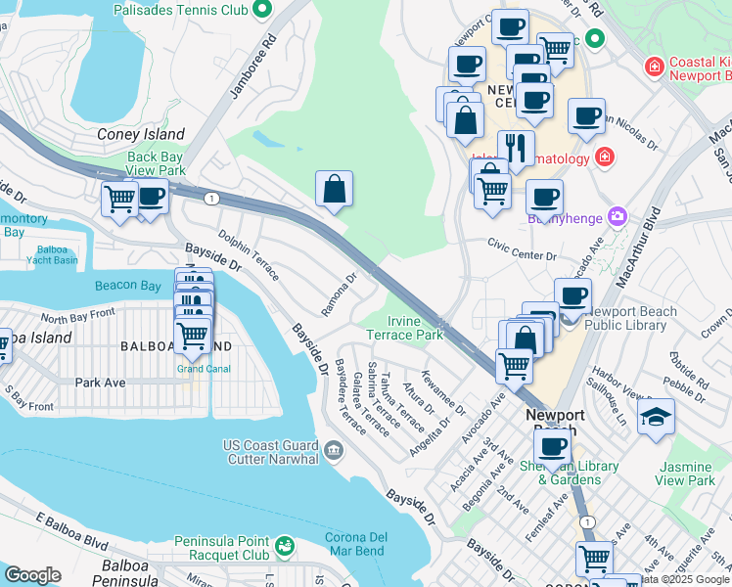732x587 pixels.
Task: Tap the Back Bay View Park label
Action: pyautogui.click(x=156, y=163)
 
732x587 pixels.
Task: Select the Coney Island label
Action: pyautogui.click(x=141, y=134)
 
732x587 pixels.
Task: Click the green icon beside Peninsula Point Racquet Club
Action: pyautogui.click(x=285, y=545)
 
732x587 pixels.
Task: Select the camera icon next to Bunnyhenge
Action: pyautogui.click(x=618, y=216)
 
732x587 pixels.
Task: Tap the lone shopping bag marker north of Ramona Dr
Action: pyautogui.click(x=334, y=190)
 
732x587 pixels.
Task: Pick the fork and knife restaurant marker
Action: pyautogui.click(x=515, y=148)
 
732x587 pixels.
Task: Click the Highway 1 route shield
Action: pyautogui.click(x=212, y=199)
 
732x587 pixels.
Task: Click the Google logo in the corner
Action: pyautogui.click(x=31, y=575)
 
